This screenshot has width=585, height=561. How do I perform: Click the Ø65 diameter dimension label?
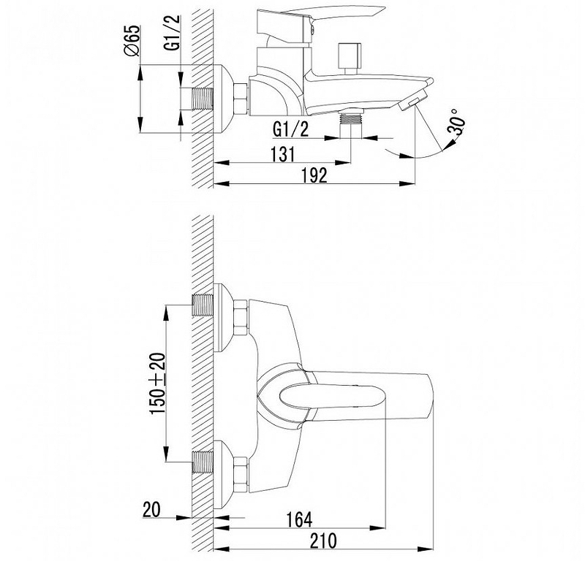click(x=132, y=41)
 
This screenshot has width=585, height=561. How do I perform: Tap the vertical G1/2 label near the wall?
click(x=173, y=32)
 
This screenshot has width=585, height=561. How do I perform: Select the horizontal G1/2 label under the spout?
click(x=291, y=129)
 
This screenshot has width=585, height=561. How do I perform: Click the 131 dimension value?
click(x=283, y=154)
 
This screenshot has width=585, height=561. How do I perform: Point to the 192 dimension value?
click(x=314, y=175)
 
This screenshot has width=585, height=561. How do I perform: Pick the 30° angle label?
click(x=458, y=121)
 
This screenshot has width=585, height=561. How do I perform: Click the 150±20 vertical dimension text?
click(x=157, y=383)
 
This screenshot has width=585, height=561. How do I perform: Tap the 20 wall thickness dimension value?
click(x=151, y=510)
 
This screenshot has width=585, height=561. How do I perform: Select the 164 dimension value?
click(x=299, y=519)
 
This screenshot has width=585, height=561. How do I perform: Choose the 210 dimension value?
click(x=323, y=541)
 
